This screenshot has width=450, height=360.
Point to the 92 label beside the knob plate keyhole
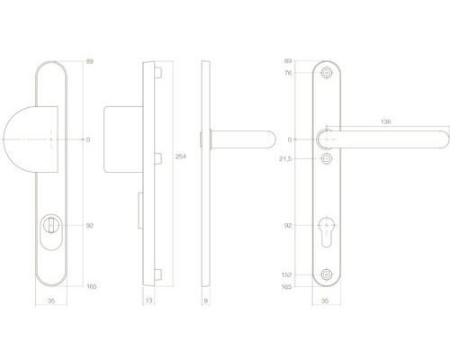click(89, 225)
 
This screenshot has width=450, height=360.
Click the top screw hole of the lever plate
click(327, 74)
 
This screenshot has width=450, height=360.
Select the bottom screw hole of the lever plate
click(327, 275)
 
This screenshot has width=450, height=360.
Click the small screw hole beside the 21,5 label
click(327, 158)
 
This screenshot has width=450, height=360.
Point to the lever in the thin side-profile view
click(243, 139)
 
